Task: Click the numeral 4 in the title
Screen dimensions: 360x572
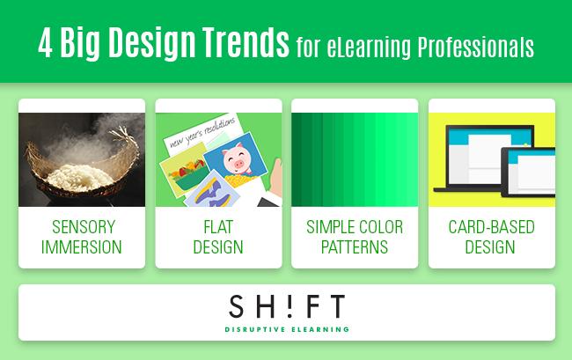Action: pos(46,42)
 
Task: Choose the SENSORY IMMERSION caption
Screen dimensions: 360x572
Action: pos(82,237)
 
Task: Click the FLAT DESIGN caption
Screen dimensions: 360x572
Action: pos(218,237)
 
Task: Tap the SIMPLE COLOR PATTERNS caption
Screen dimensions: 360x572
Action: pos(355,237)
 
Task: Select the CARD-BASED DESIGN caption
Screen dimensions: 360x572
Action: pos(492,237)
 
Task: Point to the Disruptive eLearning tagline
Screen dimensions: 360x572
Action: pos(286,330)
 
